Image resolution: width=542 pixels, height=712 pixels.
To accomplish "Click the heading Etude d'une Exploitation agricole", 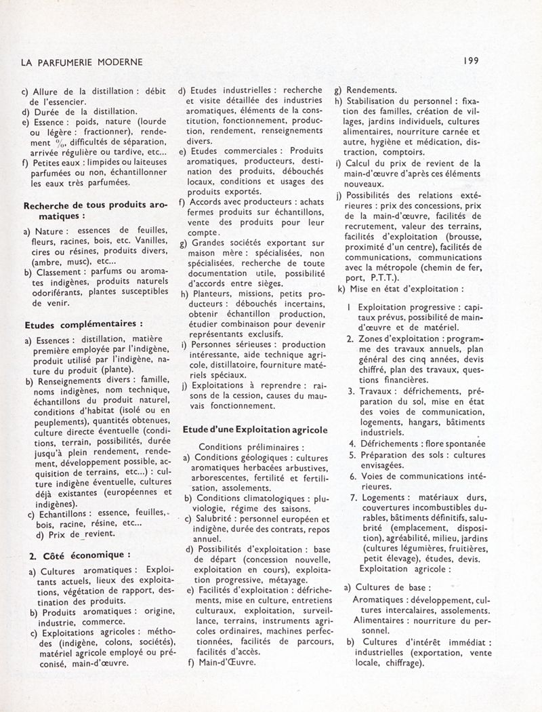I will (x=255, y=429).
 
